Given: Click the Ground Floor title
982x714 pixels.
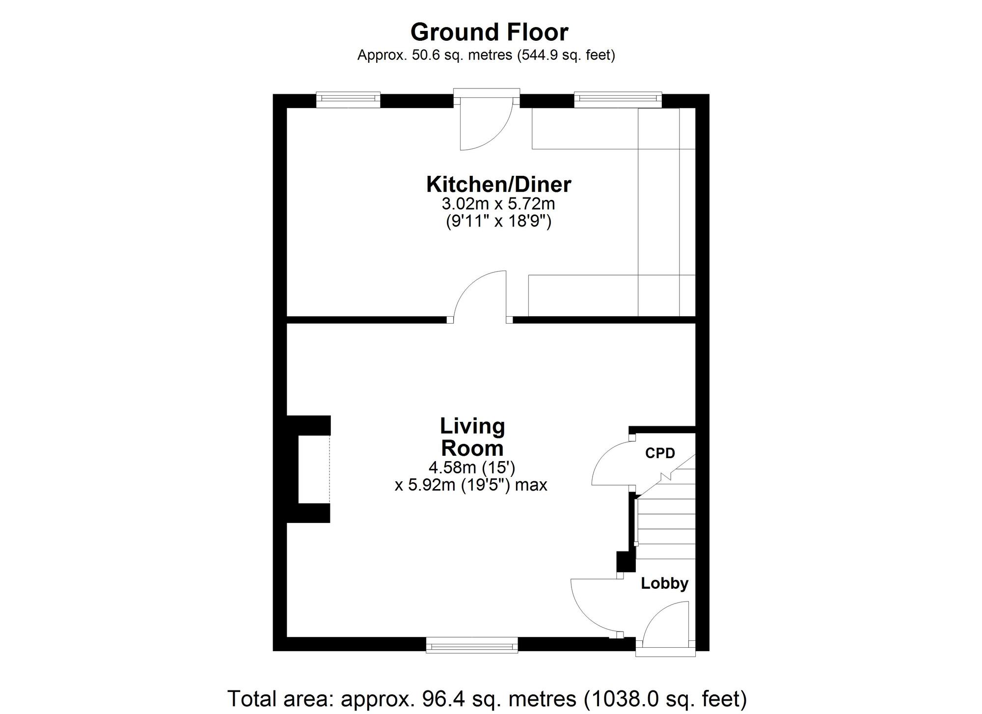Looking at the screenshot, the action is [x=489, y=32].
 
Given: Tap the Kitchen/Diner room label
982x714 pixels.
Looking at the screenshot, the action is [x=498, y=185].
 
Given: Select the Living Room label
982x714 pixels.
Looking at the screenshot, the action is [x=472, y=437].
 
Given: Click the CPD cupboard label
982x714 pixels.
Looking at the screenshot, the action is [x=660, y=453].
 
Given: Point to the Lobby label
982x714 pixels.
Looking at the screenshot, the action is [x=664, y=583].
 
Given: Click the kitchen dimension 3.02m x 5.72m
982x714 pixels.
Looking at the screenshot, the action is [x=498, y=203].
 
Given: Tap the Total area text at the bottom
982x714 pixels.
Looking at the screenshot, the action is [x=487, y=698].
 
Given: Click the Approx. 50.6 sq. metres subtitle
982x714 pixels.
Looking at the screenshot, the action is [x=486, y=55].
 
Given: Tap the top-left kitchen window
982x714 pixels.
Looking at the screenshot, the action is [x=348, y=100].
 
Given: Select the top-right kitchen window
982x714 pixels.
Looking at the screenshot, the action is [x=618, y=100].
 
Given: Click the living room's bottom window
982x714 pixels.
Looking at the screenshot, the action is [x=472, y=645].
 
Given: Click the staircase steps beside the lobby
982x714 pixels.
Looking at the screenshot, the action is [x=666, y=521].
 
